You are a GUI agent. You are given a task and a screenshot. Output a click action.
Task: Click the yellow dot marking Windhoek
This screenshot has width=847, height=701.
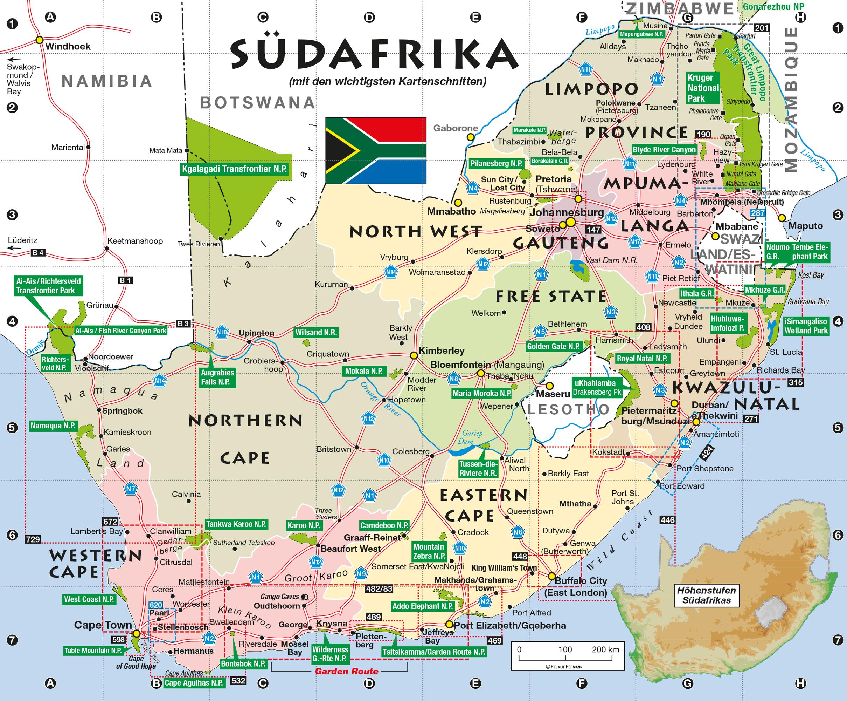pos(40,40)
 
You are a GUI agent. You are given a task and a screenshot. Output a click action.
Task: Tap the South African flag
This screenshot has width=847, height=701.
pos(375,151)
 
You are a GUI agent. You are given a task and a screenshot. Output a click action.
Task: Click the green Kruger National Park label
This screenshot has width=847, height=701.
pos(703,88)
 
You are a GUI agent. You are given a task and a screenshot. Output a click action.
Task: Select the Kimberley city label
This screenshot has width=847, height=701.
pos(441,350)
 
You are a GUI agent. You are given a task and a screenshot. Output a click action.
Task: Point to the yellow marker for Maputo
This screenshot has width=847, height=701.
pos(782,218)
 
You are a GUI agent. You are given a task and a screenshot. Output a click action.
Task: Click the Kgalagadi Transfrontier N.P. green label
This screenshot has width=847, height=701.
pos(234,169)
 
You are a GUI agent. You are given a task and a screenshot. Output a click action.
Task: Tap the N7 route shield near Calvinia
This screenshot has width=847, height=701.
pos(131,489)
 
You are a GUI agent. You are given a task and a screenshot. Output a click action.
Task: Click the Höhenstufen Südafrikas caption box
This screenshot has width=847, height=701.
pos(706,595)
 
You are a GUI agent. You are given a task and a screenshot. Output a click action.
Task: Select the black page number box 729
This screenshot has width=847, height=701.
pos(33,539)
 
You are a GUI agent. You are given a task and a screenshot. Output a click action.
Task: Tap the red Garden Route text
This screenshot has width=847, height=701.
pos(346,671)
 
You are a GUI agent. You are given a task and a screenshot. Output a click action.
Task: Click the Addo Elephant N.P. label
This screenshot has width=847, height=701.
pos(423,606)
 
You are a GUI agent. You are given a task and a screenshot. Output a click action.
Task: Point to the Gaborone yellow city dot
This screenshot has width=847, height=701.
pos(470,137)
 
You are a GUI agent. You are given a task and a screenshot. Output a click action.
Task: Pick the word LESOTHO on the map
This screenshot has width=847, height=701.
pos(568,409)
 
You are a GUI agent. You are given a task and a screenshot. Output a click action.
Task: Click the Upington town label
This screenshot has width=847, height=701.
pos(257,333)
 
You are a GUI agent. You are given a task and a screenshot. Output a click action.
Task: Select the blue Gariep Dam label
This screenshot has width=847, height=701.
pos(470,437)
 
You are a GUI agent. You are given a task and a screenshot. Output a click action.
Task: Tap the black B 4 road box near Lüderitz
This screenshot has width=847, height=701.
pos(38,253)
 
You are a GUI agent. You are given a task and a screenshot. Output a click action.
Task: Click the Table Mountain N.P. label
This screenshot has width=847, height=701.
pos(93,651)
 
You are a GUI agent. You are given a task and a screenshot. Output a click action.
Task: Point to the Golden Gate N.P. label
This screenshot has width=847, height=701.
pos(553,346)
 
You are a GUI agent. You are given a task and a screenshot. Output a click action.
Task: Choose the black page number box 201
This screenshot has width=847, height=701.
pos(761,28)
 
